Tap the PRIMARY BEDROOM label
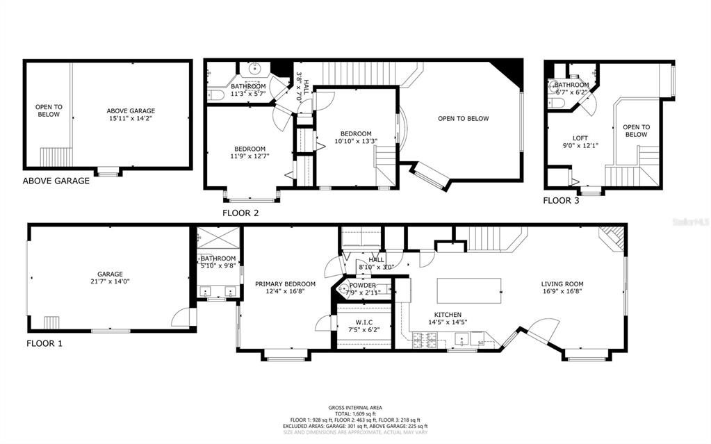[x=285, y=283]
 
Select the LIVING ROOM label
[x=562, y=283]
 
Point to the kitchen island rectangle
[x=469, y=290]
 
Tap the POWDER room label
[x=362, y=285]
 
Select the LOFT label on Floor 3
[x=580, y=138]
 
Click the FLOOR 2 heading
[x=240, y=213]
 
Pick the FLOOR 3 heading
[x=561, y=201]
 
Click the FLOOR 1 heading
[x=44, y=343]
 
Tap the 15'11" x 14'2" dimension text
[x=131, y=119]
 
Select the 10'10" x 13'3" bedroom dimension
[x=355, y=142]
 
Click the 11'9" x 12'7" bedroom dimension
[x=250, y=157]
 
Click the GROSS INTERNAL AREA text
[x=355, y=408]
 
